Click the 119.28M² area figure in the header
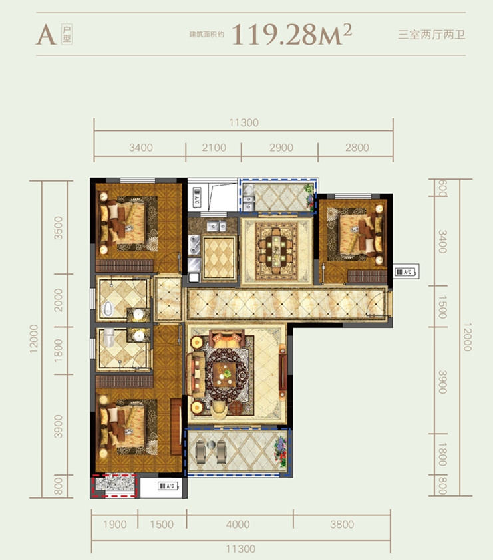coord(292,35)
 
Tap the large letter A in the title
coord(46,35)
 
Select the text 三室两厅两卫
coord(432,35)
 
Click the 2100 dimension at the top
coord(214,148)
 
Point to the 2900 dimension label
coord(281,148)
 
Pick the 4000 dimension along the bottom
coord(238,524)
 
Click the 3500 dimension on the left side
coord(58,228)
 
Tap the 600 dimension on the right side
coord(442,188)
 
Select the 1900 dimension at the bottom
coord(114,524)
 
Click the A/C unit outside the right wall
coord(407,272)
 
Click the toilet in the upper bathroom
coord(108,309)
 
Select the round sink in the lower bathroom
coord(139,335)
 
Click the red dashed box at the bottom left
coord(114,486)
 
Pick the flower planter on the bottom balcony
coord(281,452)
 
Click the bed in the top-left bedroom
coord(122,224)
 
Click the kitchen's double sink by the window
coord(216,226)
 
